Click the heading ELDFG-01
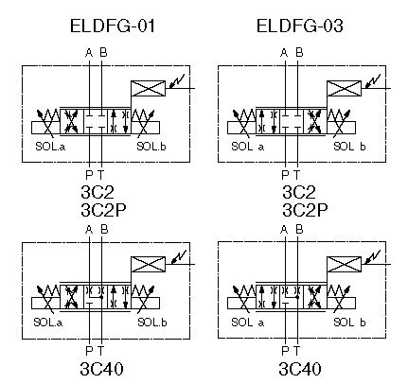point(113,26)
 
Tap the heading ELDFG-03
point(300,26)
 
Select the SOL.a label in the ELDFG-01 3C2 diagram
point(50,147)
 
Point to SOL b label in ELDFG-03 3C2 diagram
point(349,147)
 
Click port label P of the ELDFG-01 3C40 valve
point(89,350)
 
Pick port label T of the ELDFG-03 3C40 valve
point(296,350)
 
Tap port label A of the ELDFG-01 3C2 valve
point(89,53)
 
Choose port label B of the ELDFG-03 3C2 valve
point(299,52)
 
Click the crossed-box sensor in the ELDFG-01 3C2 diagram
point(148,88)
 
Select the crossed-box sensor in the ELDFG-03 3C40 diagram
point(344,264)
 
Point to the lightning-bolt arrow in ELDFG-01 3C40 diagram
point(179,256)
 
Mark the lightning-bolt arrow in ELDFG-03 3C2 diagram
point(373,81)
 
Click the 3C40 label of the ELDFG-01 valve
point(101,369)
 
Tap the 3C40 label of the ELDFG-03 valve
point(300,369)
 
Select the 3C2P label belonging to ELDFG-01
point(103,210)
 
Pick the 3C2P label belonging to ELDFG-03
point(305,210)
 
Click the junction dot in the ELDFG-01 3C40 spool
point(101,297)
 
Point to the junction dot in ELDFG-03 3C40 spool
point(297,297)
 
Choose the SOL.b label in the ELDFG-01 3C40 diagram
point(152,323)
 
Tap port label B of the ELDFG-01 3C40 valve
point(104,229)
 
